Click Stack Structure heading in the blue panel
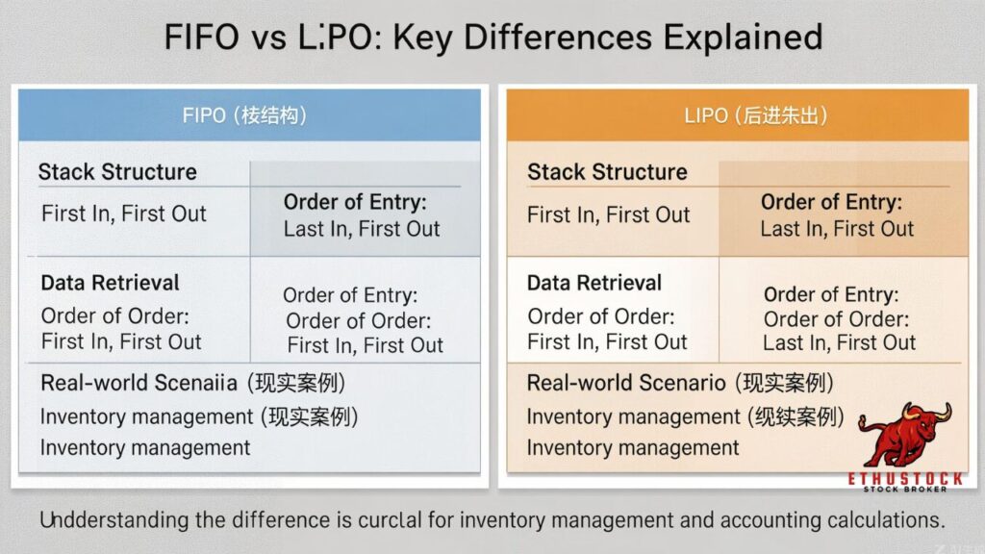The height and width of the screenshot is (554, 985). tap(117, 172)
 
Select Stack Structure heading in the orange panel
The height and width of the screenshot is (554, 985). tap(607, 172)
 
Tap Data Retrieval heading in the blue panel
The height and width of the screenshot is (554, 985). tap(110, 283)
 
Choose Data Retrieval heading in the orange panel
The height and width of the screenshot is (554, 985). tap(594, 283)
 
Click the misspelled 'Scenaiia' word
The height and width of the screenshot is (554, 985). tap(193, 383)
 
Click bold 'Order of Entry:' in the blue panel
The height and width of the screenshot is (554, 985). tap(355, 203)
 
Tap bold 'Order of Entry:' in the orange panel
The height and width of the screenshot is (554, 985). tap(831, 203)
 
